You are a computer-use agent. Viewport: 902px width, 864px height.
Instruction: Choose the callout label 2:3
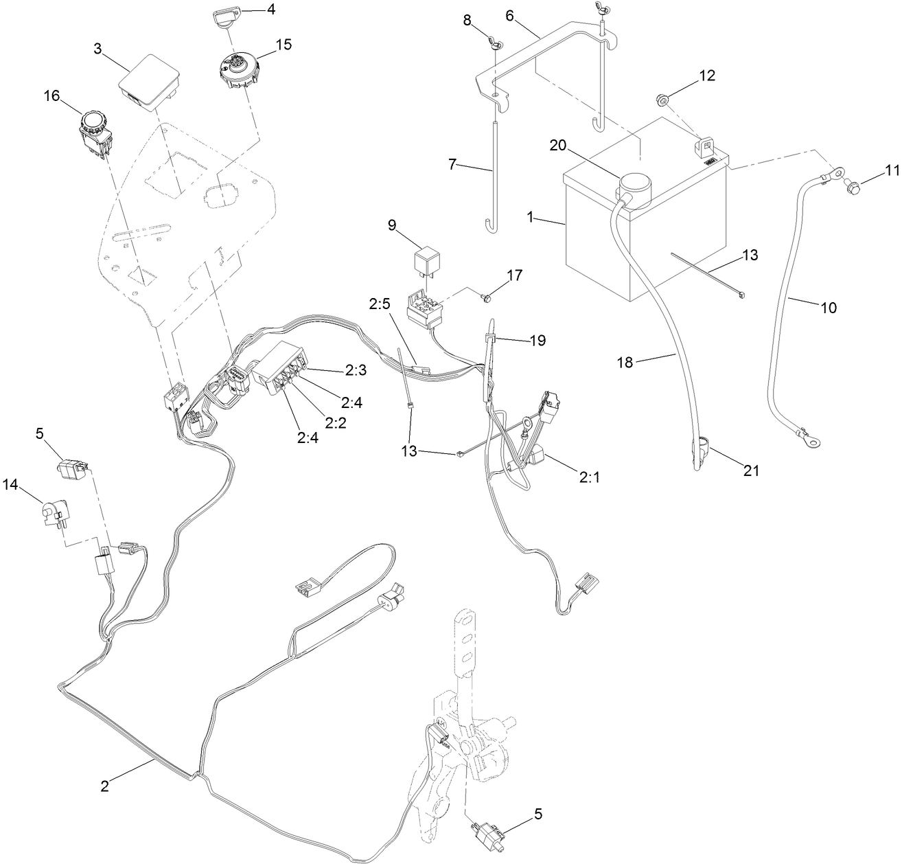click(x=356, y=371)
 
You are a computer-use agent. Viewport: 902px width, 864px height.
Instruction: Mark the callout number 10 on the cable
click(x=829, y=308)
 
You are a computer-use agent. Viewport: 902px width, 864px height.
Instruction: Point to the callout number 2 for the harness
click(x=104, y=786)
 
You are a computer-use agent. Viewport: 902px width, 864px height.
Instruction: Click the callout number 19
click(x=537, y=340)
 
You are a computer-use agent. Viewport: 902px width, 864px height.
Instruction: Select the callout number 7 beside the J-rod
click(x=452, y=165)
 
